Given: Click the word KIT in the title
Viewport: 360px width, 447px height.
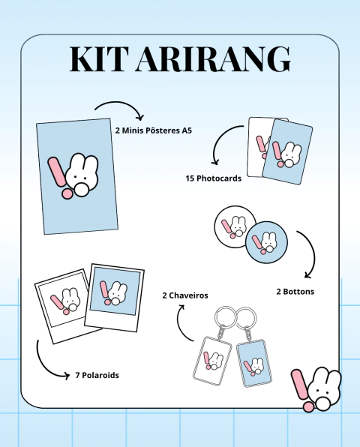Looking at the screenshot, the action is [97, 58].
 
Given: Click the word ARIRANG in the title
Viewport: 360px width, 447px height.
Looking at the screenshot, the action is [213, 58].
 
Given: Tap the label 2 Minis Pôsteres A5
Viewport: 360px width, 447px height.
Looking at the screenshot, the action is [153, 130].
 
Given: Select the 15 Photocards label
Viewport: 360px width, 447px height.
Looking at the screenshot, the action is [214, 178].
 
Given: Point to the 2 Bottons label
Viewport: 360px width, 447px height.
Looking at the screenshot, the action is [295, 292].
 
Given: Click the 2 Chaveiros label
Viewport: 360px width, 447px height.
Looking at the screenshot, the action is [185, 295].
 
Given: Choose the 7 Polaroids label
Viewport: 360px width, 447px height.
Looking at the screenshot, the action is [97, 375].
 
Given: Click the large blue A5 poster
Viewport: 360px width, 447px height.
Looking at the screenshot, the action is [77, 176].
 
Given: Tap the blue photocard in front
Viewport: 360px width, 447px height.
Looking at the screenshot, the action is [287, 152].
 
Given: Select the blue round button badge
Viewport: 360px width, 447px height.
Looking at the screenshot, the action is [266, 242].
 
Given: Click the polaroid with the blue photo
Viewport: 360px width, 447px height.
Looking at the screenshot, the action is [115, 297].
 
